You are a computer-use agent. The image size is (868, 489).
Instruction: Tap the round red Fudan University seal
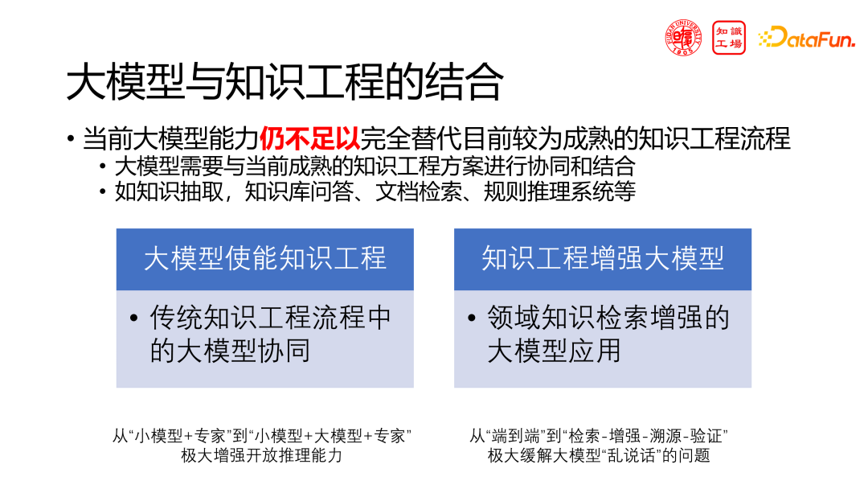click(x=683, y=38)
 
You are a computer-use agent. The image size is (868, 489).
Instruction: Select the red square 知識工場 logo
click(x=729, y=38)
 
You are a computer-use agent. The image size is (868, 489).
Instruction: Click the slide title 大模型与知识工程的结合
click(x=285, y=82)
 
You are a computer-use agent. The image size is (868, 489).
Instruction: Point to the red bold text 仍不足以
click(x=309, y=138)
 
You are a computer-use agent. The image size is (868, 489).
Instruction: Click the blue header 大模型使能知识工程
click(x=264, y=258)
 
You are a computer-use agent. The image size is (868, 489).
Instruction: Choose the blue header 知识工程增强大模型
click(x=602, y=258)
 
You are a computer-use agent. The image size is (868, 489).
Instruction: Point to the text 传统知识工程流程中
click(x=270, y=318)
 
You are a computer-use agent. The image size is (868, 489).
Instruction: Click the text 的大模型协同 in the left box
click(x=230, y=351)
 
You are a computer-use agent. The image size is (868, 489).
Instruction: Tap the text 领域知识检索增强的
click(x=608, y=318)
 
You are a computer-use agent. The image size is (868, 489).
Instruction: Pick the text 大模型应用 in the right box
click(x=554, y=351)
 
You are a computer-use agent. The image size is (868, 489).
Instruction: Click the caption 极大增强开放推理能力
click(x=261, y=455)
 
